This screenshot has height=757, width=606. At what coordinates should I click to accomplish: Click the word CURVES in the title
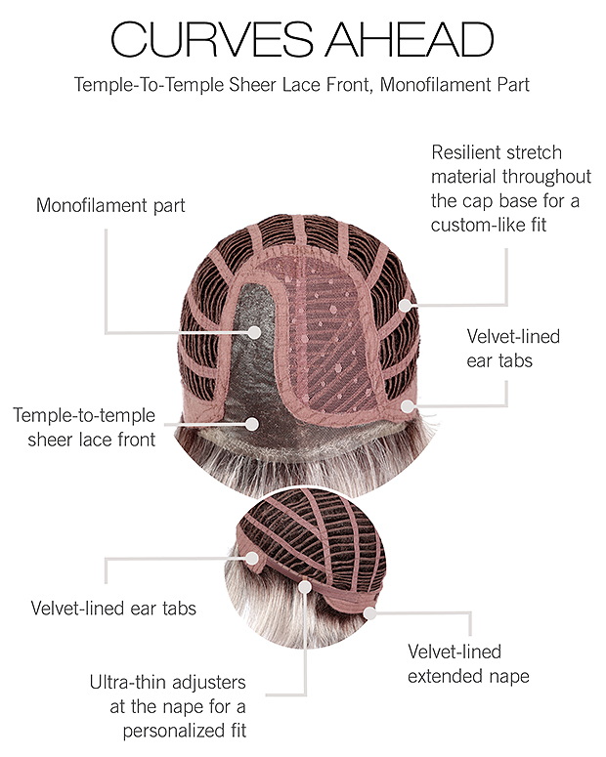click(x=212, y=39)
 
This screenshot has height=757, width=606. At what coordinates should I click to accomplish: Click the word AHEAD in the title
click(x=410, y=39)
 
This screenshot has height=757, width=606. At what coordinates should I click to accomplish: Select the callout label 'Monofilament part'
click(x=110, y=206)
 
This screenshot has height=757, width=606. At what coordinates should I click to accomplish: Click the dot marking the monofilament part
click(x=255, y=332)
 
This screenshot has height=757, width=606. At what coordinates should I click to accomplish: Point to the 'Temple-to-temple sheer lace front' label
click(x=85, y=427)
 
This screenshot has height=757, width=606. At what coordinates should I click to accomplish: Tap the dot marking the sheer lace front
click(x=252, y=424)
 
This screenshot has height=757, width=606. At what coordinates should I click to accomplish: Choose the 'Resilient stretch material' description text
click(x=511, y=189)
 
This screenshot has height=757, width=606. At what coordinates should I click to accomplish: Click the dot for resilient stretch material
click(x=406, y=305)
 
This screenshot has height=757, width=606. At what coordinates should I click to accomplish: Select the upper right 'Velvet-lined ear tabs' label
click(x=513, y=348)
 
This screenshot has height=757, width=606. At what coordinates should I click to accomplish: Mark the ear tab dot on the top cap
click(x=409, y=406)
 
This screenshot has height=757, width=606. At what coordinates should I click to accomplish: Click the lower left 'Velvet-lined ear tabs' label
click(x=113, y=608)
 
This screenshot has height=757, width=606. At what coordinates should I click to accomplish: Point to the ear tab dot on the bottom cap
click(x=252, y=558)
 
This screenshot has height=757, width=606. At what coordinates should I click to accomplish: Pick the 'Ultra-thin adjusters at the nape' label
click(x=168, y=706)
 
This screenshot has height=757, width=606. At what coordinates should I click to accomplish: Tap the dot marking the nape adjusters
click(x=305, y=587)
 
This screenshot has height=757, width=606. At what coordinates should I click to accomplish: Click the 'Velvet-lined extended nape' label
click(x=468, y=664)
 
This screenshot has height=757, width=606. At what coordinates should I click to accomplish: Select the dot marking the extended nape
click(x=369, y=613)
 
